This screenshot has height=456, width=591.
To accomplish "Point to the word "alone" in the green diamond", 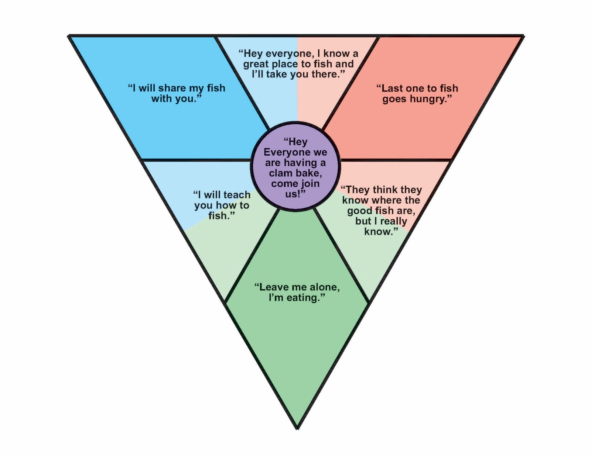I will pos(323,287).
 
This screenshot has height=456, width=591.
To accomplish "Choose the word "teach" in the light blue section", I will pos(237,195).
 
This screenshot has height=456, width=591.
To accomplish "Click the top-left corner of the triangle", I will pos(69,36).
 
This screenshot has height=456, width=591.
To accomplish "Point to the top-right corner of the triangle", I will pos(523,36).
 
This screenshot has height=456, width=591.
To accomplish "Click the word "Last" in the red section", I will pos(392,88).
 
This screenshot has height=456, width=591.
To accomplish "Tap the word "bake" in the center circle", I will pos(309,173).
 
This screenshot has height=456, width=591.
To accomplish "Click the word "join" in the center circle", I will pos(310,183).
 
